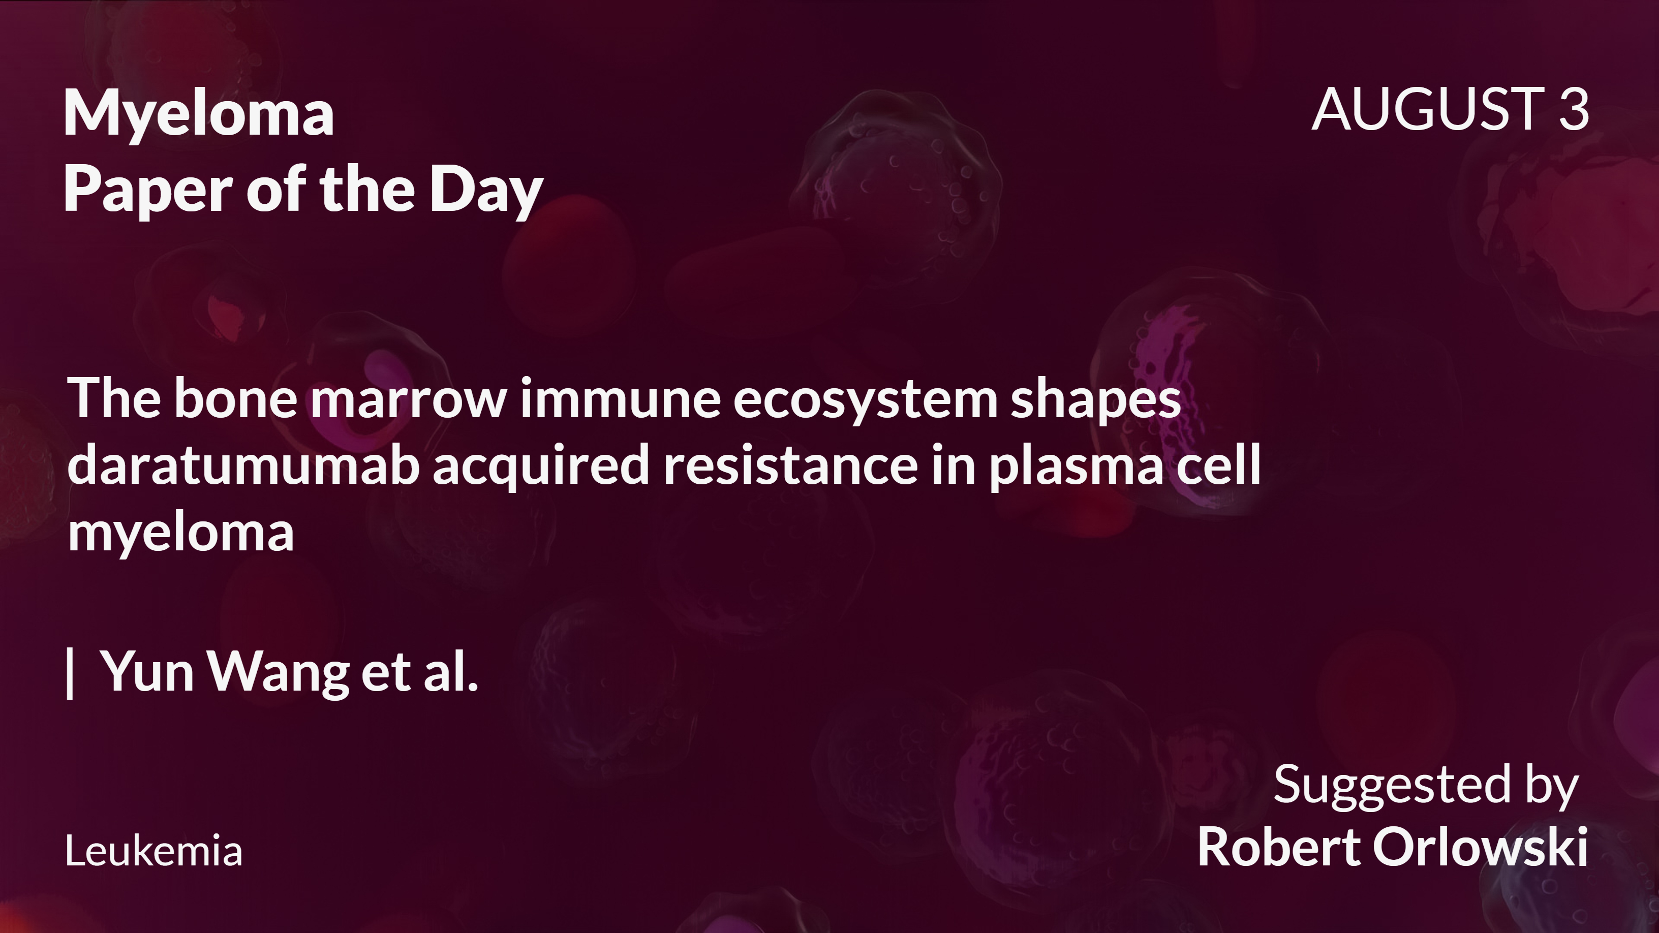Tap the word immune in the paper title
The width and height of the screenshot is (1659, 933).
620,398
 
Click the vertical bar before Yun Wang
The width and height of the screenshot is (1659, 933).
70,672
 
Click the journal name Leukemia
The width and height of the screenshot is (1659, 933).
154,851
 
